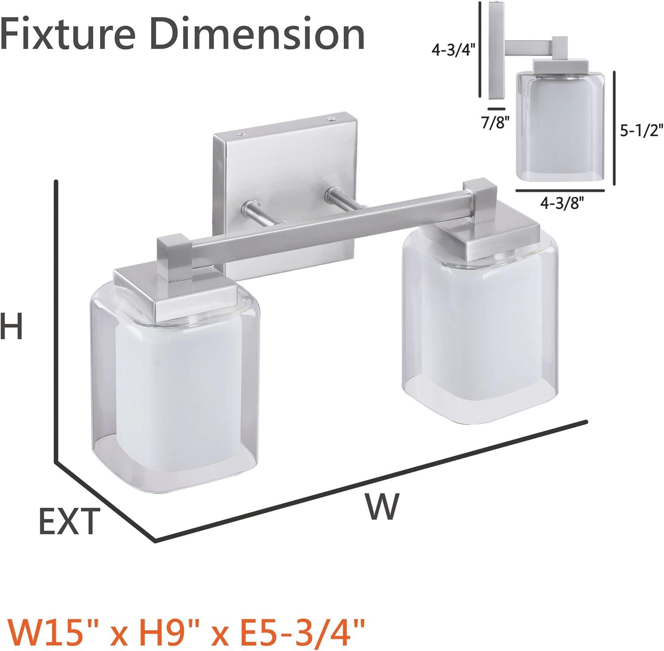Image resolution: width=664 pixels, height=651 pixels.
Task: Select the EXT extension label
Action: (68, 522)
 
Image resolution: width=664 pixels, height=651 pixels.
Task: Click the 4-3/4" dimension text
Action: (453, 51)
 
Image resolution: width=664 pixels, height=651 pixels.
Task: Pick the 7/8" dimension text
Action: (495, 121)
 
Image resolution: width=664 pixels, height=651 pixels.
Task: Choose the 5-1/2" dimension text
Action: (640, 131)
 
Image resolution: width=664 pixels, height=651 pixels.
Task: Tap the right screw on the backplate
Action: (331, 119)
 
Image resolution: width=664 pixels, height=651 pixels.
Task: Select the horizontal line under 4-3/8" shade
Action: (560, 190)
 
